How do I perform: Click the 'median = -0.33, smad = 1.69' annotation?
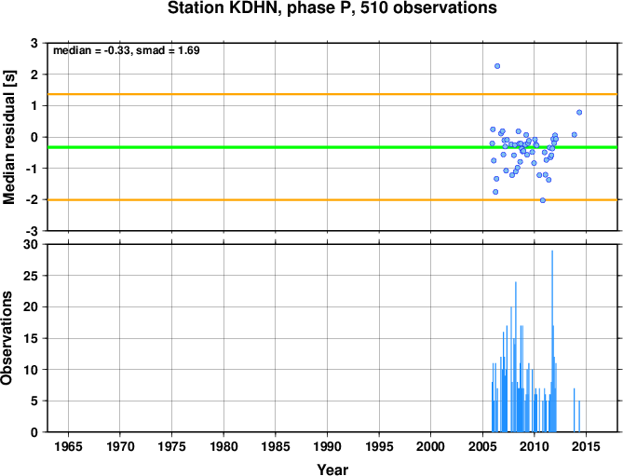[x=127, y=50]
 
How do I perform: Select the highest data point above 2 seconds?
[x=497, y=66]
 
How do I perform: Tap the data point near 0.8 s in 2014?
[x=579, y=113]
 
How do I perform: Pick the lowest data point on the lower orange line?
[x=543, y=200]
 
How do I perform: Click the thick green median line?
[x=332, y=147]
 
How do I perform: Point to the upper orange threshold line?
[x=332, y=94]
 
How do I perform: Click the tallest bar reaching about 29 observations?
[x=552, y=341]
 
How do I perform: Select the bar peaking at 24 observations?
[x=516, y=357]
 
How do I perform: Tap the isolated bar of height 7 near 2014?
[x=575, y=410]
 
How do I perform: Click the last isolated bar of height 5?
[x=579, y=416]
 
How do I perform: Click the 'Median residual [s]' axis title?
[x=8, y=137]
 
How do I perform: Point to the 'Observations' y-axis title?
[x=7, y=338]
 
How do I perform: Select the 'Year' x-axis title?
[x=332, y=469]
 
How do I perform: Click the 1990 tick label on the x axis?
[x=327, y=446]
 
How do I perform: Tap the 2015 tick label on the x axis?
[x=586, y=446]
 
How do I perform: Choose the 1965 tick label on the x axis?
[x=68, y=446]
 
